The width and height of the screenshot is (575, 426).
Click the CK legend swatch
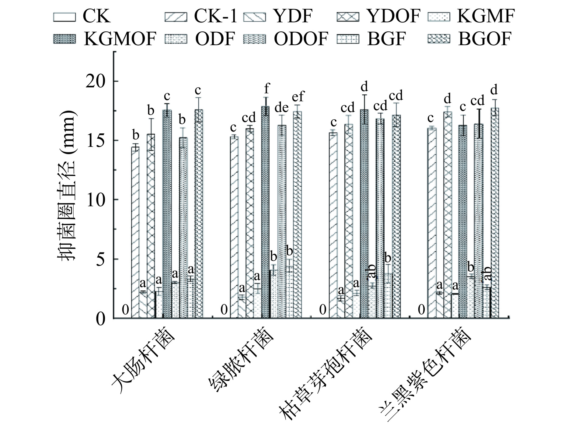click(64, 17)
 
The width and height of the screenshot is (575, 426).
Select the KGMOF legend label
click(120, 39)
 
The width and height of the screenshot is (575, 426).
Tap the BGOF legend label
click(485, 39)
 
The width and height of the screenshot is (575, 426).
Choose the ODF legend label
click(215, 39)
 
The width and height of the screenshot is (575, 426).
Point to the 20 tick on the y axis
click(96, 81)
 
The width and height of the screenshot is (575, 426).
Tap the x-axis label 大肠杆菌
click(143, 361)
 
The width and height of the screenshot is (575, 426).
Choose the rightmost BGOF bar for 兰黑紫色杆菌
click(495, 213)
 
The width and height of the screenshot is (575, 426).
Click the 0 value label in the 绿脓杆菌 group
click(224, 310)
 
